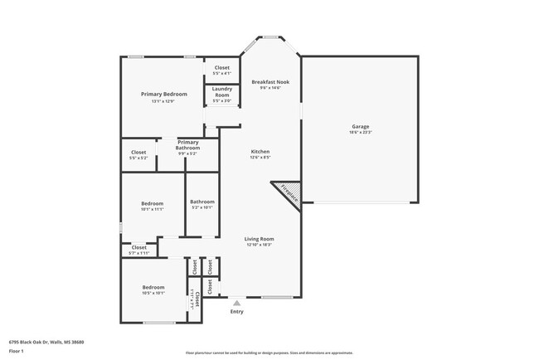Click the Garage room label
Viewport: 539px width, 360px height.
(x=360, y=127)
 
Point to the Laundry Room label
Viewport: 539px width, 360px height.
(x=221, y=92)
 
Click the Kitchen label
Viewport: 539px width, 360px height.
(x=260, y=152)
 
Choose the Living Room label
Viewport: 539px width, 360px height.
(x=260, y=239)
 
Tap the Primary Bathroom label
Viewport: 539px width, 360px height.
(x=188, y=144)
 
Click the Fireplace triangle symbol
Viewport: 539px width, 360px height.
(x=287, y=192)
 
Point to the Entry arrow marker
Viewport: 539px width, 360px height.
(x=237, y=303)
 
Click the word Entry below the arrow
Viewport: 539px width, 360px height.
(x=237, y=312)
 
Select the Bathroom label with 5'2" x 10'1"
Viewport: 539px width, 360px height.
(x=202, y=202)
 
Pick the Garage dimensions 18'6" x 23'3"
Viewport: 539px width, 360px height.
(x=360, y=133)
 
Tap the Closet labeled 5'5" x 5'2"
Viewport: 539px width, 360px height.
(x=138, y=153)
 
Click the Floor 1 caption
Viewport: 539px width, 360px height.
(x=17, y=351)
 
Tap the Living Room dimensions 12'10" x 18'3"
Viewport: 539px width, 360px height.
(x=260, y=245)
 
